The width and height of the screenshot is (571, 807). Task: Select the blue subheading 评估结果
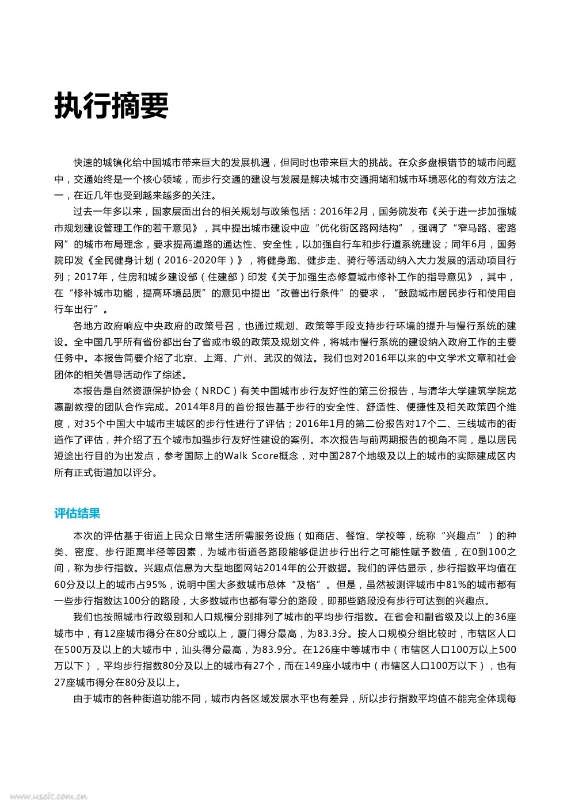tap(77, 513)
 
